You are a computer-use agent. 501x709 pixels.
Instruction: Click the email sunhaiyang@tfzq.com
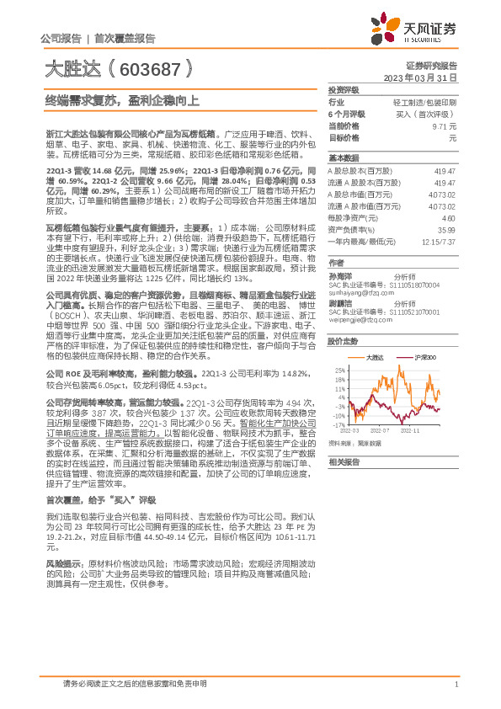[x=361, y=293]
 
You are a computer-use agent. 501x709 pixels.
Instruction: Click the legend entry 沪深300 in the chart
[x=424, y=358]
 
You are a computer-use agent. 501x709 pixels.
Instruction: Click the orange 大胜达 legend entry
[x=376, y=358]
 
